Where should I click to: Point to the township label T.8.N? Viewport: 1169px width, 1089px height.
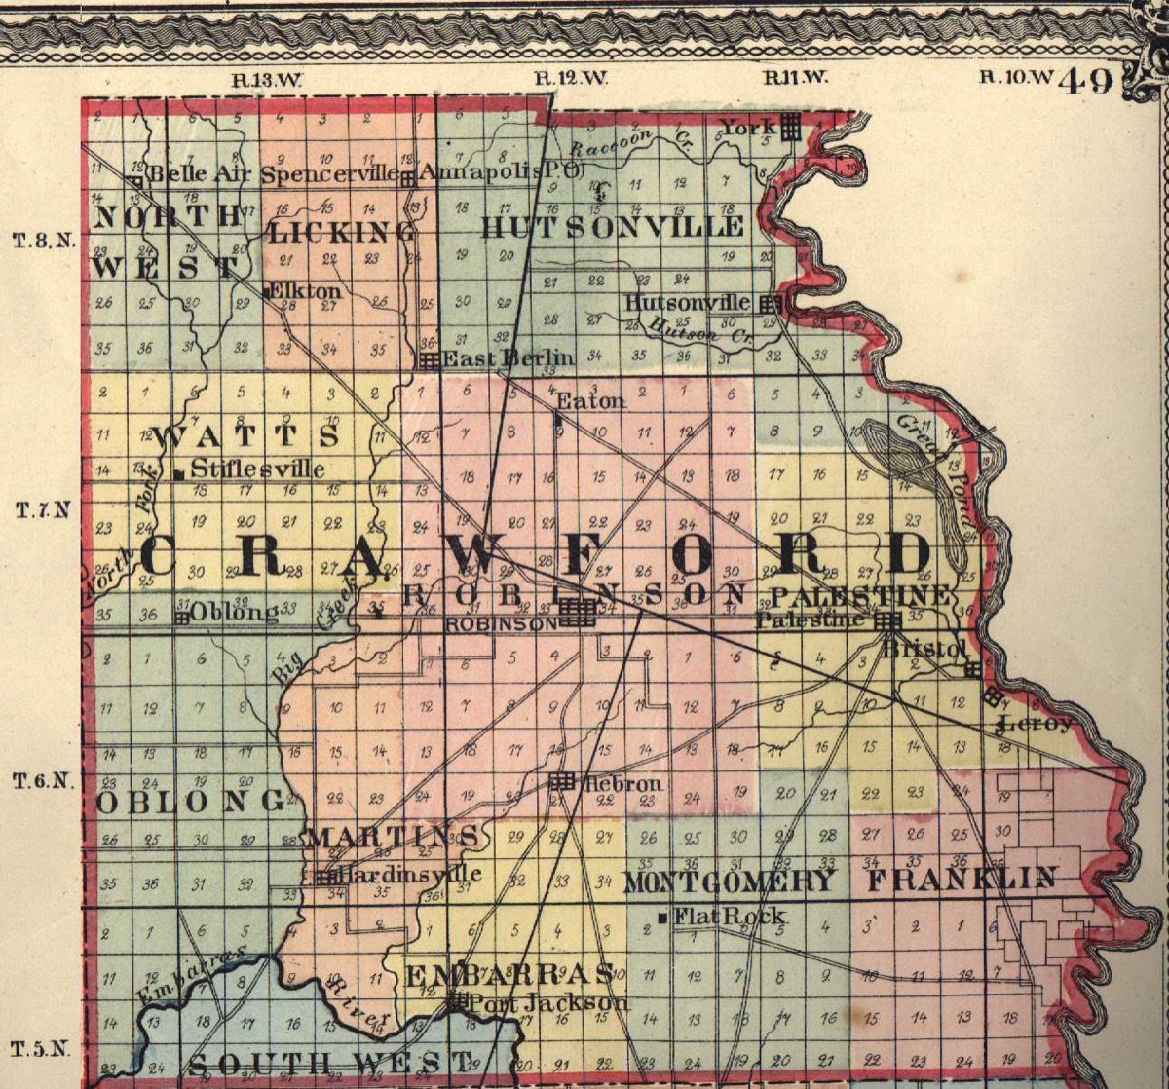pyautogui.click(x=44, y=241)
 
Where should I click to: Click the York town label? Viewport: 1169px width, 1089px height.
pyautogui.click(x=747, y=127)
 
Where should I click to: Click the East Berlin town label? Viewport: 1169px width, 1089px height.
pyautogui.click(x=508, y=358)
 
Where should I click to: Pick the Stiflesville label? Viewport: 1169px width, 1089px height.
pyautogui.click(x=258, y=469)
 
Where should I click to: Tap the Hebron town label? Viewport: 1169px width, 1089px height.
pyautogui.click(x=623, y=783)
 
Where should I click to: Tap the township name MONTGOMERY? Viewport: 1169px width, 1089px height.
pyautogui.click(x=729, y=882)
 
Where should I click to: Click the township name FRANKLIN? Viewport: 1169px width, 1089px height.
pyautogui.click(x=962, y=880)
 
